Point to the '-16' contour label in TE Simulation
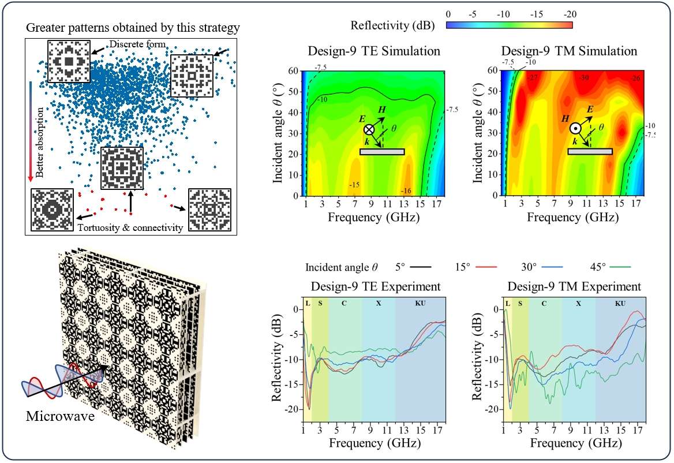(x=407, y=191)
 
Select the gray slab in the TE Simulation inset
(x=382, y=152)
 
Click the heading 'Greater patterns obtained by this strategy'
(x=133, y=27)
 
